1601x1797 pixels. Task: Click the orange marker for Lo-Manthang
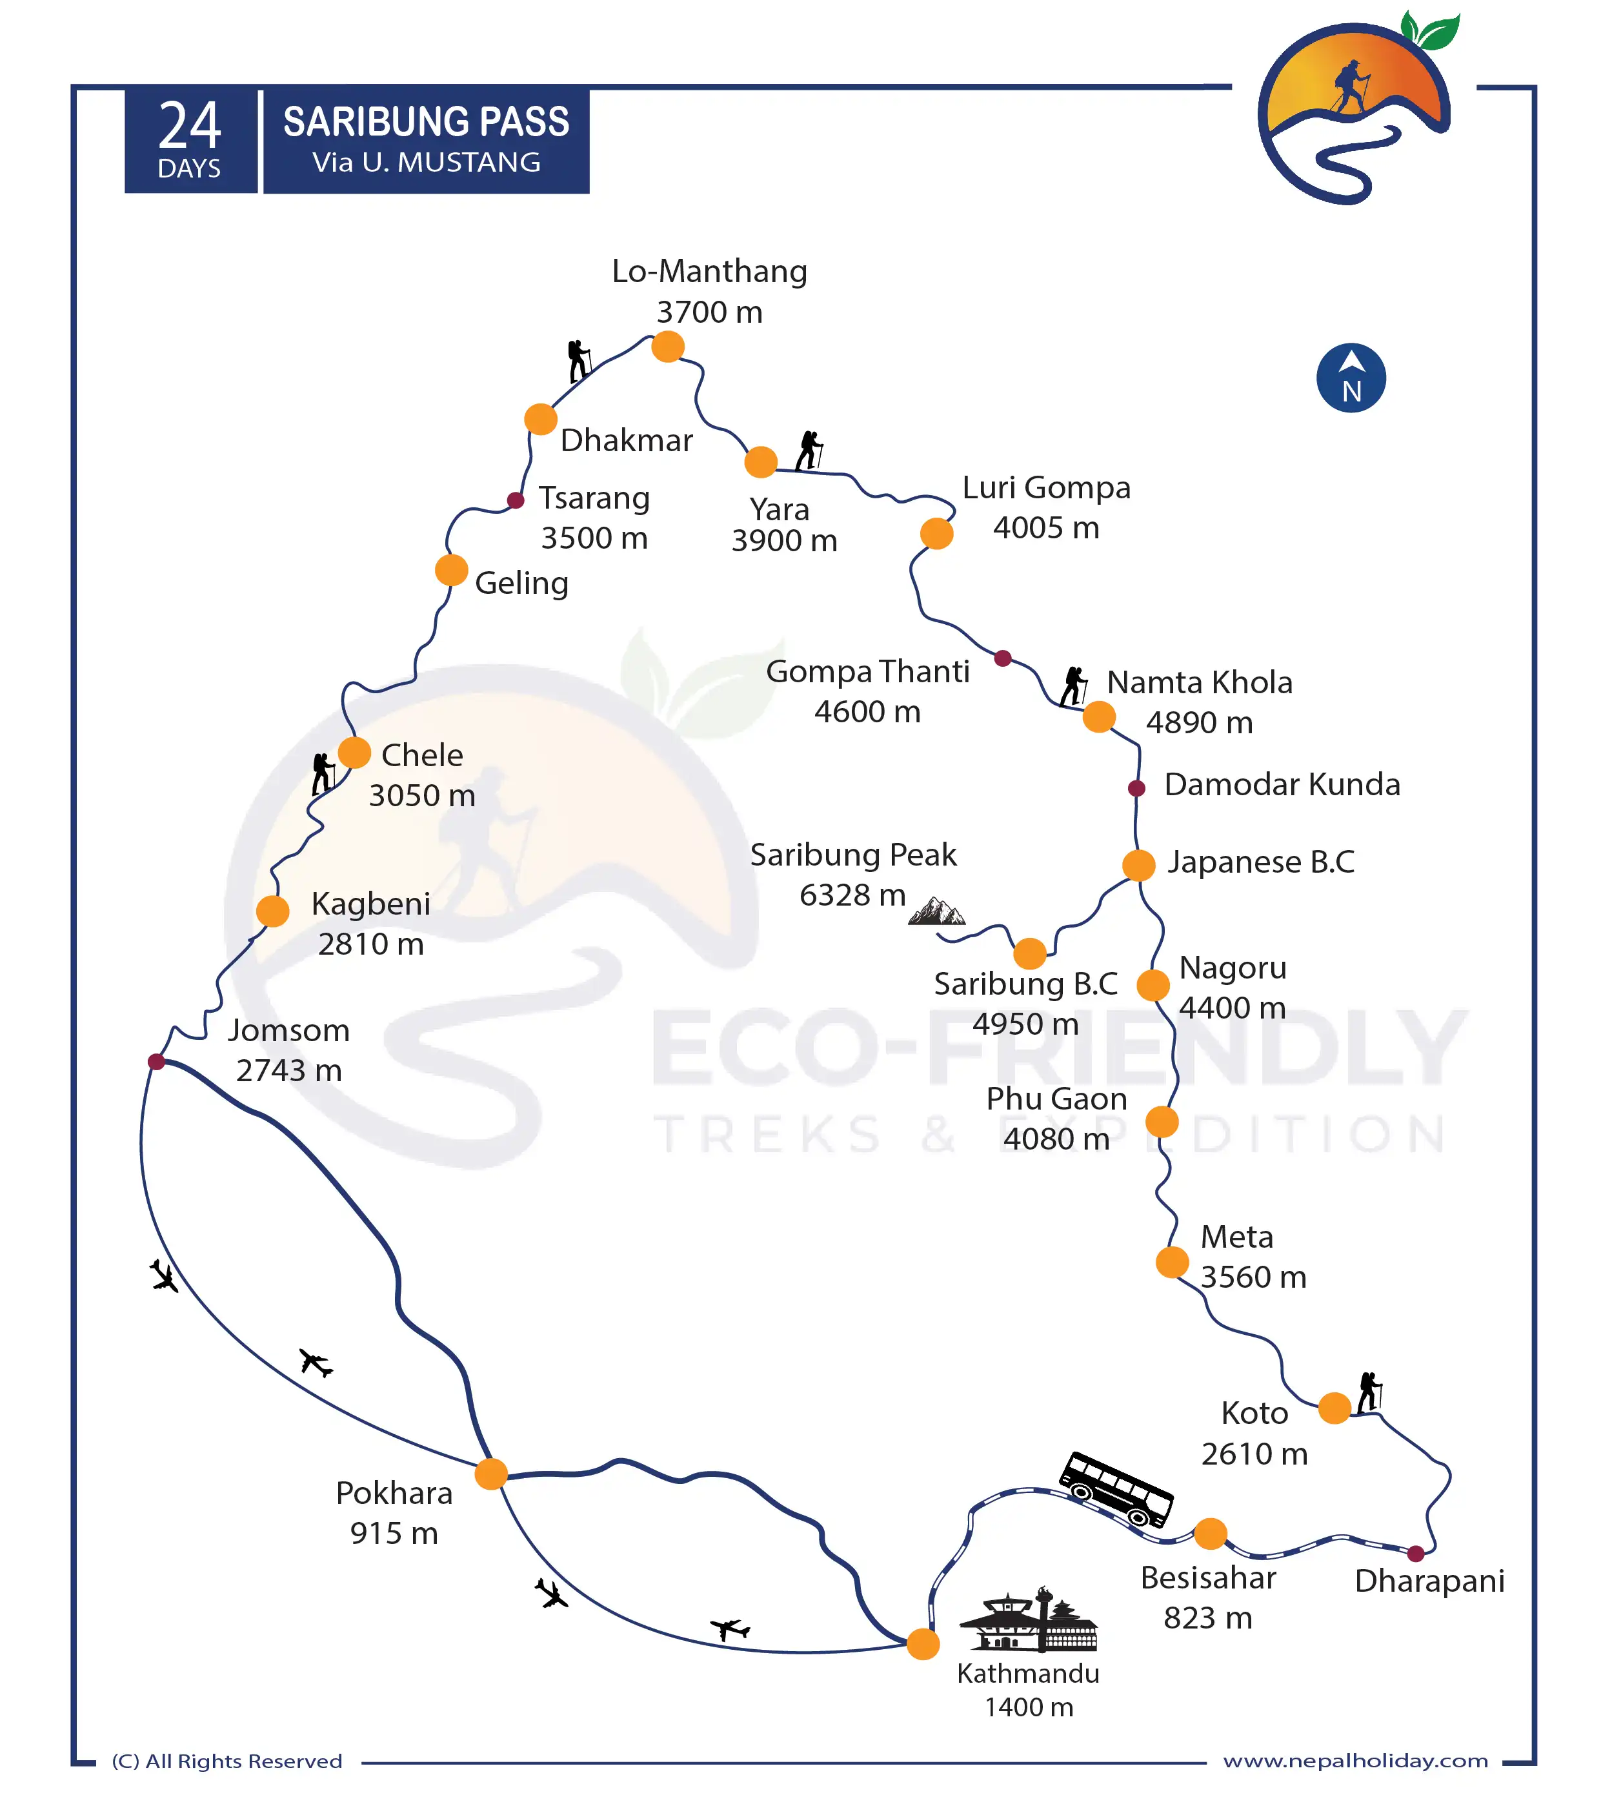coord(668,347)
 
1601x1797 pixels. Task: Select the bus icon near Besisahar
coord(1116,1489)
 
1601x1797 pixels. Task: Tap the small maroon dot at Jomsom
coord(157,1061)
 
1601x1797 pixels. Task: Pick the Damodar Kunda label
coord(1282,784)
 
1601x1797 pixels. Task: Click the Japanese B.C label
coord(1260,862)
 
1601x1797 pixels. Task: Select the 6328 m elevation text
coord(852,895)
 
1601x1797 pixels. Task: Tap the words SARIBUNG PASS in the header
coord(426,123)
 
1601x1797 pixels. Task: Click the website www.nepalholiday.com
coord(1354,1761)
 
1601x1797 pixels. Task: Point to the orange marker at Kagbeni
coord(273,911)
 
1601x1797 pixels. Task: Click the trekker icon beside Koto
coord(1369,1393)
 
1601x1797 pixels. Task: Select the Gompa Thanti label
coord(867,671)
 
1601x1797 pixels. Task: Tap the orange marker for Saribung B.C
coord(1029,953)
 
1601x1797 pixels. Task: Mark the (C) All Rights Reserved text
coord(227,1761)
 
